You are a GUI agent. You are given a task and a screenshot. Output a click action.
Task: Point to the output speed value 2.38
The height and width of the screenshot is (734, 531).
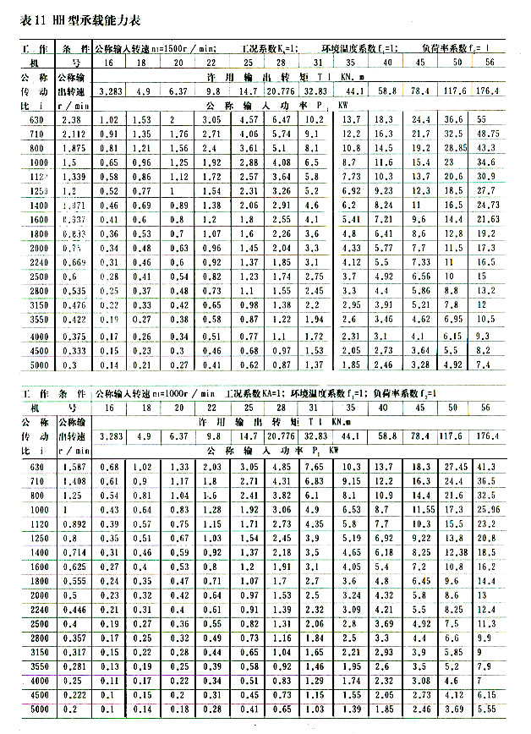[72, 120]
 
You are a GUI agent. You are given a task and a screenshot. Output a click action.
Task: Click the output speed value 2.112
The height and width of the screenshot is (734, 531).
[74, 134]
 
